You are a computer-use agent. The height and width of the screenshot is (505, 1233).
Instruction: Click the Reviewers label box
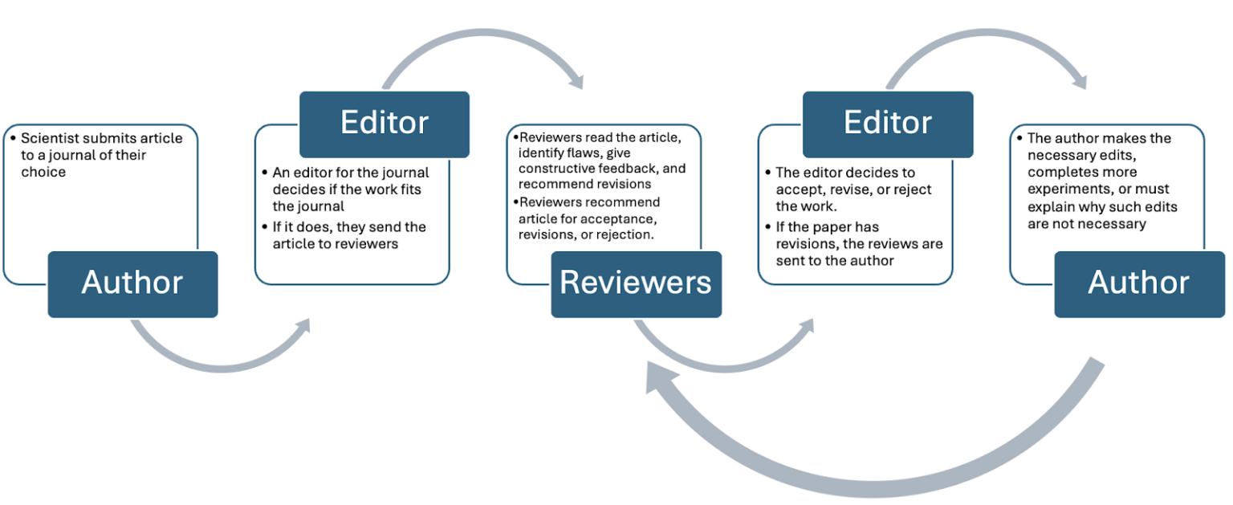636,283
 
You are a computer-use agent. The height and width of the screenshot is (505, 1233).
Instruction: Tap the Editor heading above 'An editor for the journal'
384,123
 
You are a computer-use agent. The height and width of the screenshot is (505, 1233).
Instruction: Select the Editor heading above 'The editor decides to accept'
887,123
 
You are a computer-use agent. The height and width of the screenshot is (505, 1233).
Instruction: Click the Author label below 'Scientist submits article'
132,283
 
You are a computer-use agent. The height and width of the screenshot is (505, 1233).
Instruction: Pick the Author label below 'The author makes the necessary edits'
1139,283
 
